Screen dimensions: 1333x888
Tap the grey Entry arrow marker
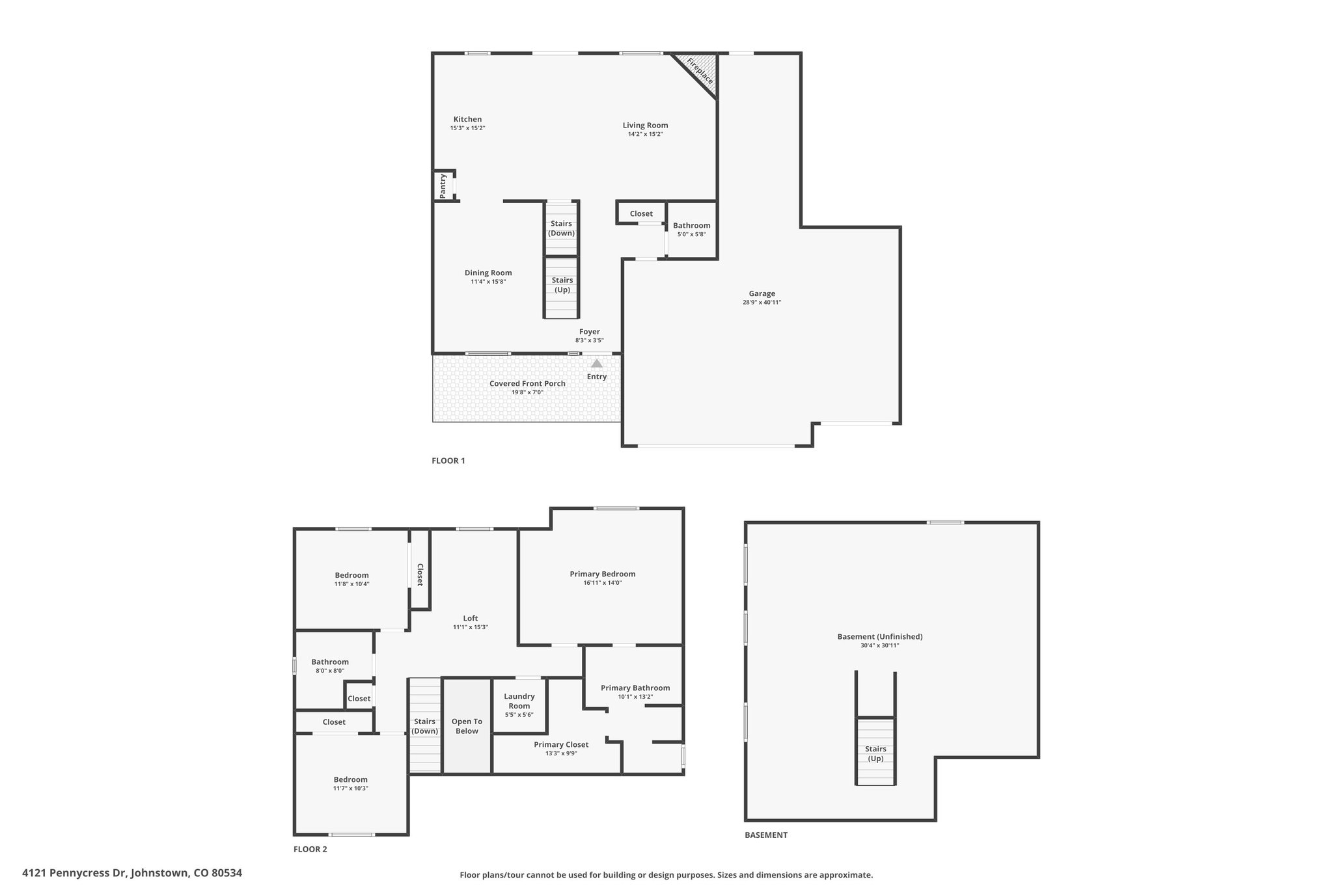tap(597, 363)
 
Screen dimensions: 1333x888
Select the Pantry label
tap(443, 185)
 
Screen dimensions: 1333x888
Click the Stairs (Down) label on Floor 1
tap(561, 228)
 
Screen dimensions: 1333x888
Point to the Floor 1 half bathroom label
tap(692, 226)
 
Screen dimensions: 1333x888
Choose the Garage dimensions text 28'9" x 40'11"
tap(762, 303)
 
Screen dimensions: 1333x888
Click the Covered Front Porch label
tap(527, 383)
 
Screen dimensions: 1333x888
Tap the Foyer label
tap(590, 332)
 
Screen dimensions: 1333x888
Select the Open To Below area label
tap(467, 726)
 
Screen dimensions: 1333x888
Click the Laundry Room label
tap(519, 701)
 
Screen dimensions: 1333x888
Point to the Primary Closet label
tap(561, 744)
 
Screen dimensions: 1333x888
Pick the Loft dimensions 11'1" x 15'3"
tap(471, 627)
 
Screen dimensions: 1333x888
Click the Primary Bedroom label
tap(603, 574)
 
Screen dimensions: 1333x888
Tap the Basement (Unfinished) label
tap(880, 637)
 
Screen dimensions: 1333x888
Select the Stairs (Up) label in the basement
tap(876, 753)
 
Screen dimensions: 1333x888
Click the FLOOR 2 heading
tap(310, 849)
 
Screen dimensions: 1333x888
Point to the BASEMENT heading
tap(766, 835)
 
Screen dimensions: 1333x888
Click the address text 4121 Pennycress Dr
tap(76, 872)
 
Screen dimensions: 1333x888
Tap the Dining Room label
tap(488, 273)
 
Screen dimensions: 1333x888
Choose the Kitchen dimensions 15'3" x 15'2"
tap(467, 128)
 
